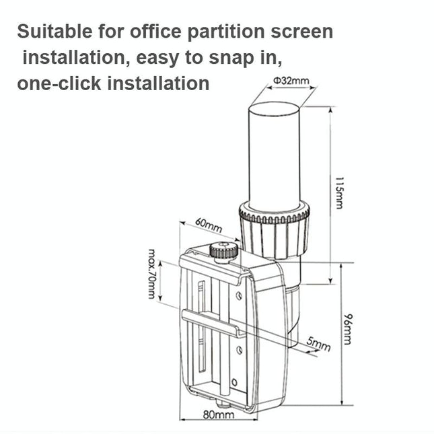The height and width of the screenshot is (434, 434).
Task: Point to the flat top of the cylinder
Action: tap(275, 107)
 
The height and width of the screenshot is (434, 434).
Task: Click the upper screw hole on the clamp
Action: tap(238, 295)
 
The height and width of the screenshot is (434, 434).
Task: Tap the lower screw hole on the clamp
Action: tap(238, 349)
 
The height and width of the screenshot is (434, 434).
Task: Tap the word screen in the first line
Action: tap(302, 32)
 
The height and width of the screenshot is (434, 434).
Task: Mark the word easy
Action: tap(161, 58)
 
